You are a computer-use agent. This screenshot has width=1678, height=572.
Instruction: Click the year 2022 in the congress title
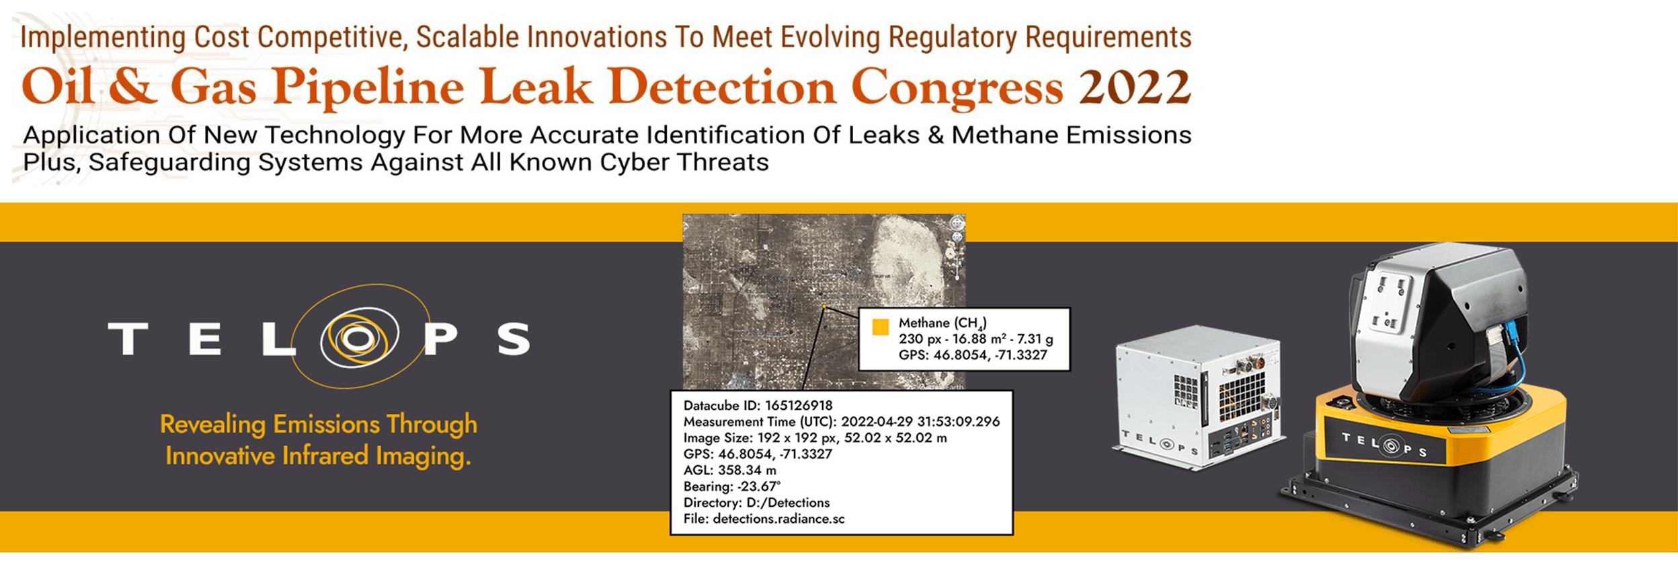[1135, 87]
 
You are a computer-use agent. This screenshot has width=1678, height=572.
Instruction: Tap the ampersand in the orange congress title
[132, 87]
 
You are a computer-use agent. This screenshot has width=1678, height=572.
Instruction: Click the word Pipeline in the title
[368, 88]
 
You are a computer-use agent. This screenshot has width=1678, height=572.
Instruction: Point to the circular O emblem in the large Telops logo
[360, 336]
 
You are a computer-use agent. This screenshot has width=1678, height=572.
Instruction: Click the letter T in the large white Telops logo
[128, 338]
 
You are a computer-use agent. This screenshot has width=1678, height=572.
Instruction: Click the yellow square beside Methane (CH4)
[880, 326]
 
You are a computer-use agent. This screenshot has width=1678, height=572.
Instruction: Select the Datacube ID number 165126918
[799, 405]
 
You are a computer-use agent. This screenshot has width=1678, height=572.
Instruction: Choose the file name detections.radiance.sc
[778, 519]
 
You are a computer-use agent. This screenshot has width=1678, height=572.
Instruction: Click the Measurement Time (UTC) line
[842, 421]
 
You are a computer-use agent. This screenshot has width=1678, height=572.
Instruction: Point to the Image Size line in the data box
[815, 437]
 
